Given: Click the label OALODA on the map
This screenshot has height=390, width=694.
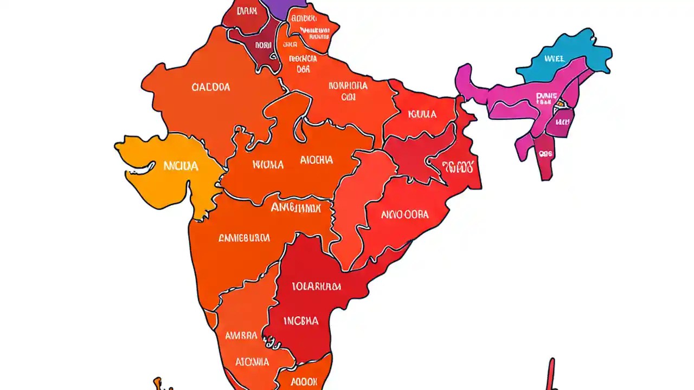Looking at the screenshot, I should click(211, 87).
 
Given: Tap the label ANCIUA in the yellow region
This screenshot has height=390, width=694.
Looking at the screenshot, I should click(181, 166).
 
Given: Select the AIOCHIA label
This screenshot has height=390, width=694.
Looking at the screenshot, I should click(316, 160).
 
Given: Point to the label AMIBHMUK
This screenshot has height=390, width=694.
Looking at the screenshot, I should click(295, 207).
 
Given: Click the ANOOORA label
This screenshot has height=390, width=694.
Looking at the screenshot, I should click(404, 214).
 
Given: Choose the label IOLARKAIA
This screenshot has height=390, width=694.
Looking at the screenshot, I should click(316, 285).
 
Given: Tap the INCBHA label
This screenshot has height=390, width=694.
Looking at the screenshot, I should click(301, 321).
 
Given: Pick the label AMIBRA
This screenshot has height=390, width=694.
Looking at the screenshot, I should click(241, 335).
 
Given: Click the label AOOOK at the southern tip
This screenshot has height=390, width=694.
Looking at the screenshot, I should click(304, 381).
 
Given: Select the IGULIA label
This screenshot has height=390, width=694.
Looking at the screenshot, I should click(422, 114).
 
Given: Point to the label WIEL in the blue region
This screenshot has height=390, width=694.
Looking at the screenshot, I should click(554, 57).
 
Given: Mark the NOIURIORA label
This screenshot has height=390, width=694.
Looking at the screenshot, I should click(348, 86).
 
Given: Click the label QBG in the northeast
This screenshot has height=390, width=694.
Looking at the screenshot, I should click(545, 153).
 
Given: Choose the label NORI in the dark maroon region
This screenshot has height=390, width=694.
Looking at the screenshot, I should click(263, 45).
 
